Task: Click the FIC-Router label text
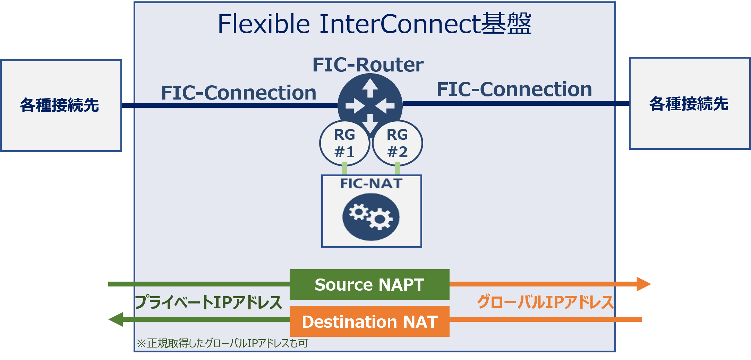[368, 65]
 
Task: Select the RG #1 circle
[344, 143]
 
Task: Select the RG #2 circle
[397, 143]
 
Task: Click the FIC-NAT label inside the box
[371, 183]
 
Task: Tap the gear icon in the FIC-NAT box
[371, 217]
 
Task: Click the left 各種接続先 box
[61, 105]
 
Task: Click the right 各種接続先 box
[690, 103]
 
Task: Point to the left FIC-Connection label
[239, 93]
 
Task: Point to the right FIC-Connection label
[514, 89]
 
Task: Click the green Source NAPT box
[369, 284]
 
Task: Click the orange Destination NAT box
[369, 321]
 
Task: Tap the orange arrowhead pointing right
[644, 284]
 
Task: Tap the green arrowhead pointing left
[116, 319]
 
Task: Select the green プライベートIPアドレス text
[208, 302]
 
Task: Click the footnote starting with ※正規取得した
[222, 343]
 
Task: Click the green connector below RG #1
[344, 169]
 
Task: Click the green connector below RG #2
[398, 169]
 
